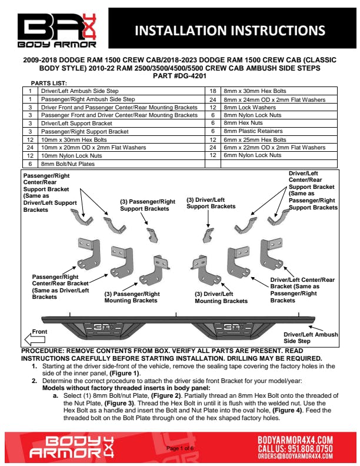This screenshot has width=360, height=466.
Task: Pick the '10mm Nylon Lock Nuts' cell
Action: click(66, 156)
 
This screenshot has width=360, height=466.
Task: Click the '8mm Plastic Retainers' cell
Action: click(249, 131)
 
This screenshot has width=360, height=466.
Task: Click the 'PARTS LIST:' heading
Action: click(52, 84)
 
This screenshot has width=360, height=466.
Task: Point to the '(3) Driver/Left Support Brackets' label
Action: click(211, 203)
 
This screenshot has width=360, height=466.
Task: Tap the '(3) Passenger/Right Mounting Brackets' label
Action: click(132, 297)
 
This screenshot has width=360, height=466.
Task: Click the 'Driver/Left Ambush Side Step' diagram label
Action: click(311, 338)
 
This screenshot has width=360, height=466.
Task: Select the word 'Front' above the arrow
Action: click(39, 331)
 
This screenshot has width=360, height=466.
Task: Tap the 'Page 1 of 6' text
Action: click(181, 449)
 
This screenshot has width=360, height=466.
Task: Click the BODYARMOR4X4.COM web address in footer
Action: click(296, 439)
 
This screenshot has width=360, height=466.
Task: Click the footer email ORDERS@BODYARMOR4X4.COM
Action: click(296, 455)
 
